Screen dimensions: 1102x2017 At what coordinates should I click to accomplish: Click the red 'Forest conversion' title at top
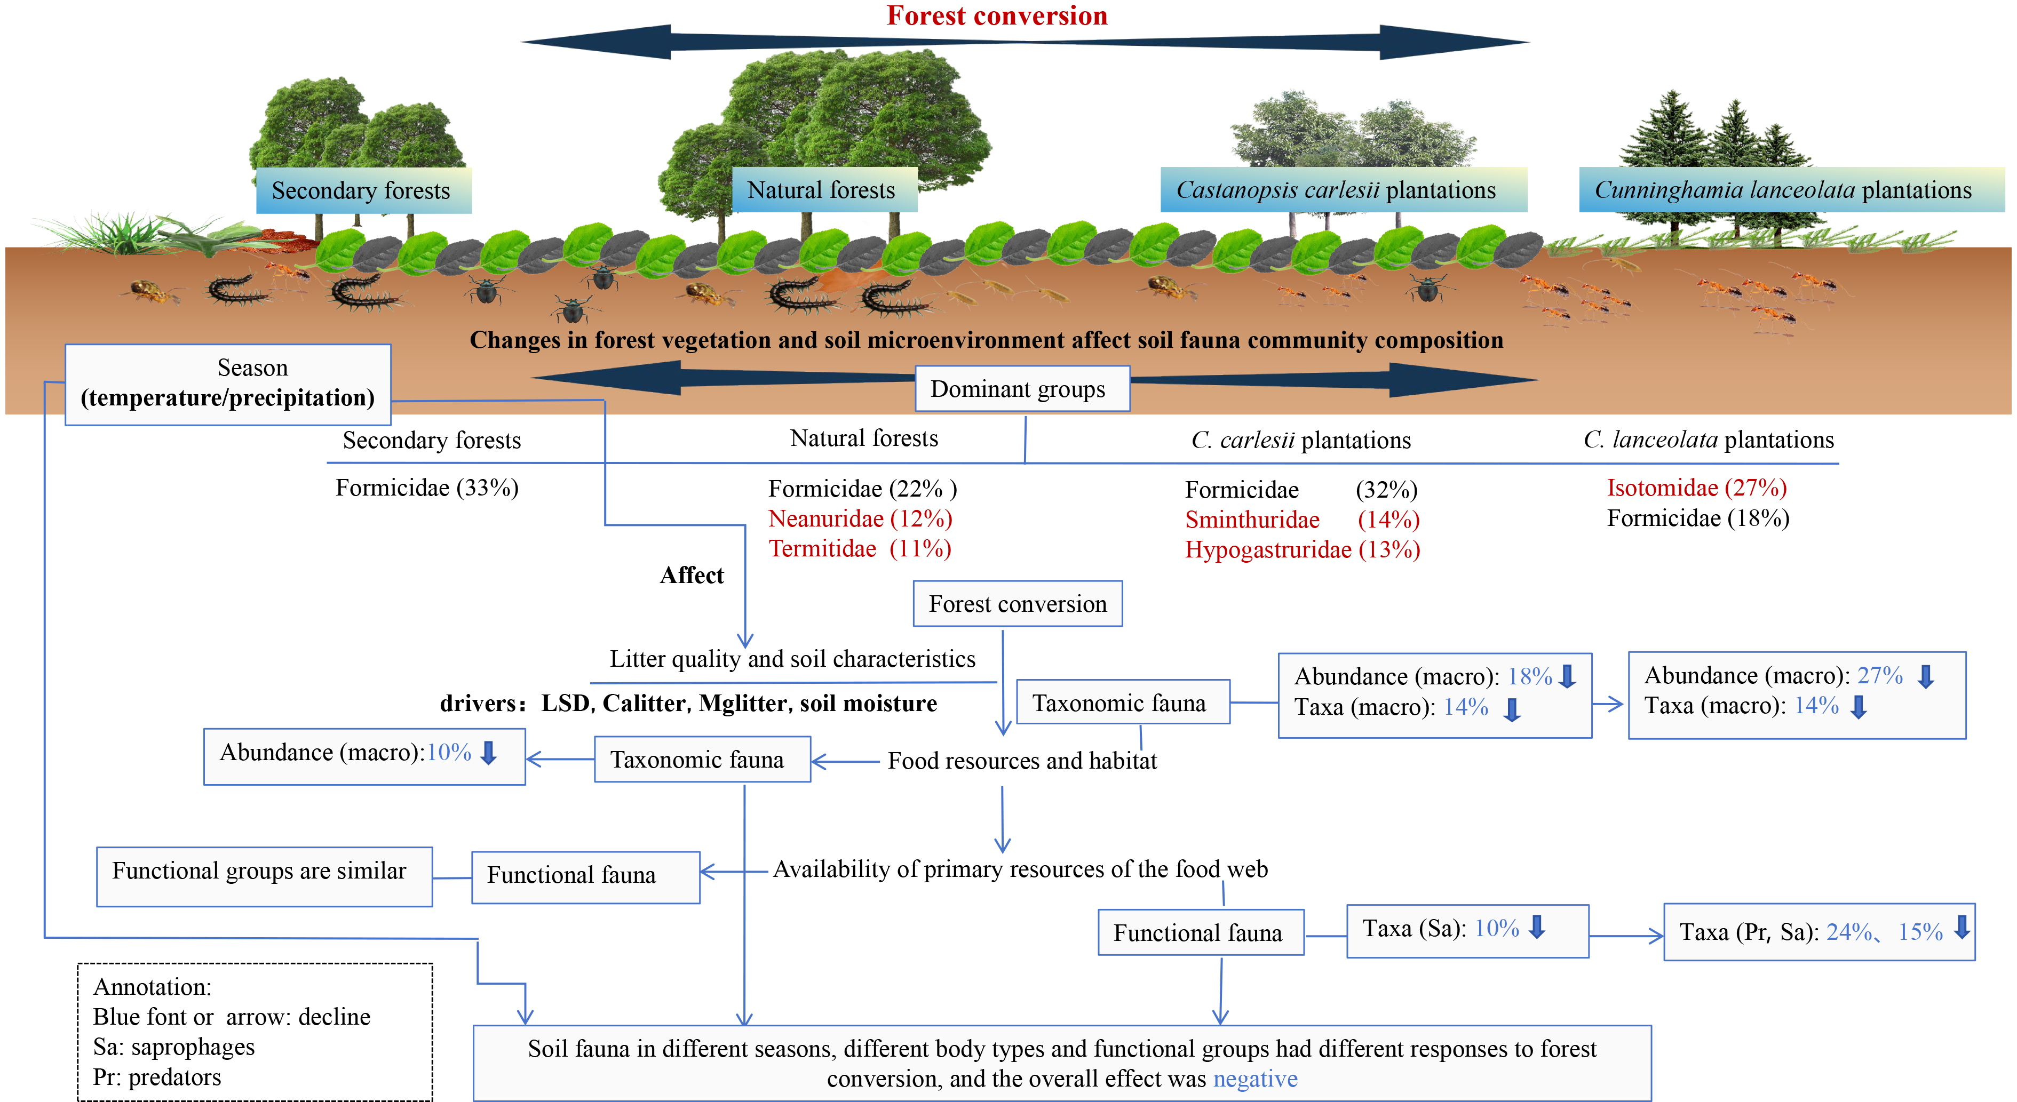(x=996, y=15)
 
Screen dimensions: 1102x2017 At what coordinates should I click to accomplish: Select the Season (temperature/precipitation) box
(x=227, y=384)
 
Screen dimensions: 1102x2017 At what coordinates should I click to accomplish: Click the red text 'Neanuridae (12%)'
(x=860, y=518)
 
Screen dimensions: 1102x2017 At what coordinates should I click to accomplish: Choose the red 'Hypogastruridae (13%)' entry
(x=1302, y=549)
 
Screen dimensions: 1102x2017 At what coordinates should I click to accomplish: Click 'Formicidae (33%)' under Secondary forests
(x=427, y=488)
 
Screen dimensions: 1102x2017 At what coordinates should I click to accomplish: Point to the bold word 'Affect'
(x=692, y=575)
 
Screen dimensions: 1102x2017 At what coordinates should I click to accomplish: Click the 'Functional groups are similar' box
(x=259, y=871)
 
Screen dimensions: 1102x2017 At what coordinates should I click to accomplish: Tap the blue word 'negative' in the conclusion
(x=1255, y=1079)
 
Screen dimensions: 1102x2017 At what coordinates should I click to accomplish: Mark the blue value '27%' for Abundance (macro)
(x=1879, y=675)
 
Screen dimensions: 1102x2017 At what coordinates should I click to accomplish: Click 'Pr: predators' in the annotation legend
(x=156, y=1077)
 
